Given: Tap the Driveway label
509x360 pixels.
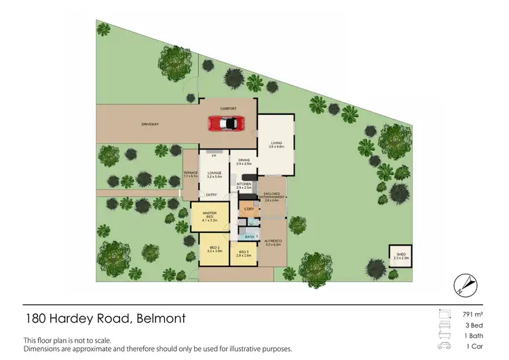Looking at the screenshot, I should [150, 124].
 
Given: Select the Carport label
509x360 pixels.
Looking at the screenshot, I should [227, 109].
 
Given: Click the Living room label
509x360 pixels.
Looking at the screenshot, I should [276, 144].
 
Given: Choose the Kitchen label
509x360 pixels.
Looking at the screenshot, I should [244, 185].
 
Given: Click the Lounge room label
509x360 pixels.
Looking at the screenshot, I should [214, 175].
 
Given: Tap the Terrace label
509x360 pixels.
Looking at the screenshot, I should [190, 174].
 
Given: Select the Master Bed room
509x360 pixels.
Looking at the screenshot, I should [209, 217].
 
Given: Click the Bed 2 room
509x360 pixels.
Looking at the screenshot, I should [214, 249].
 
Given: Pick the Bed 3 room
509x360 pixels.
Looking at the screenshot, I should [244, 254].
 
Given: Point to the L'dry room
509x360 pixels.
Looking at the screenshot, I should [248, 209].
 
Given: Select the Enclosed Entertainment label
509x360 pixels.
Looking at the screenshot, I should [271, 198].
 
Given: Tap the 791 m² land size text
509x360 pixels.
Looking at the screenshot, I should [471, 314].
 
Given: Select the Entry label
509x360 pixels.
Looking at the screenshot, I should [211, 195].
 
